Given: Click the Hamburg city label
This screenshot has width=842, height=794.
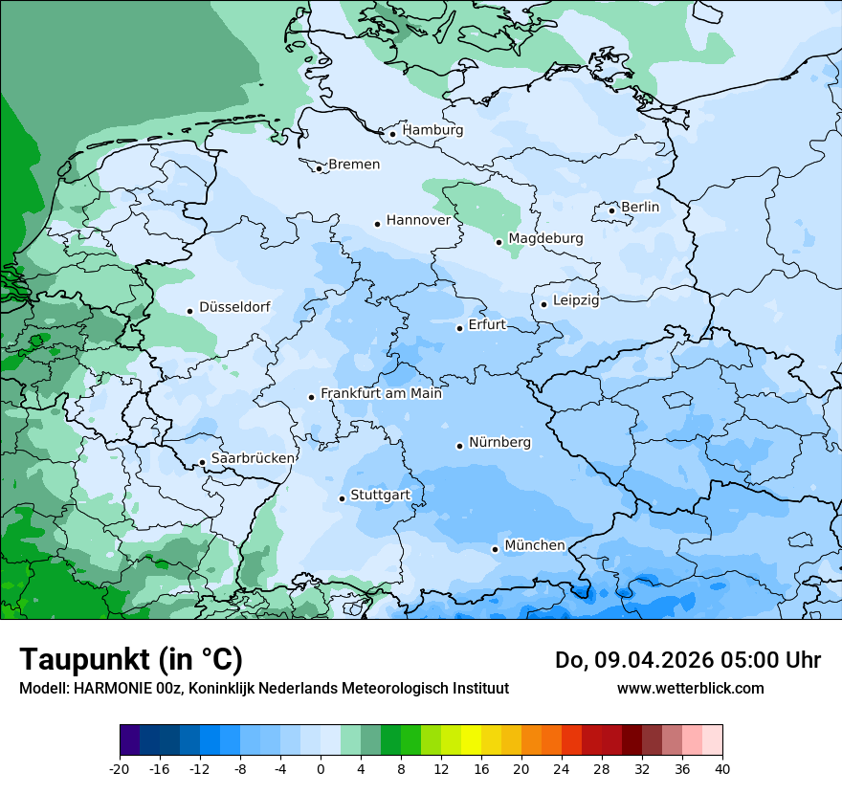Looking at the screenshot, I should pyautogui.click(x=432, y=130).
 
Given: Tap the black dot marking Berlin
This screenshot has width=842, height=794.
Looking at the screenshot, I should pyautogui.click(x=612, y=210).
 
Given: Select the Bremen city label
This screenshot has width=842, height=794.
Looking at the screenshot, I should pyautogui.click(x=354, y=165).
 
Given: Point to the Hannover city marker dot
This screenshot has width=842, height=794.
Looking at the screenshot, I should pyautogui.click(x=377, y=224).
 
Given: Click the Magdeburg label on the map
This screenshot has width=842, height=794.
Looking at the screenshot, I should pyautogui.click(x=545, y=238).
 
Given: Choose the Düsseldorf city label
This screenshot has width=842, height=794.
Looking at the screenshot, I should pyautogui.click(x=234, y=308).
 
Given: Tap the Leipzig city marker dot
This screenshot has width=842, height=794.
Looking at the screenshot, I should pyautogui.click(x=543, y=304).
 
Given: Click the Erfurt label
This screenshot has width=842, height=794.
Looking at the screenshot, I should pyautogui.click(x=486, y=325).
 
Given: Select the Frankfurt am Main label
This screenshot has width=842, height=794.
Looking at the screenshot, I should pyautogui.click(x=381, y=393).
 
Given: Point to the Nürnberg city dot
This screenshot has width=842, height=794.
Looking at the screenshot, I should pyautogui.click(x=459, y=446).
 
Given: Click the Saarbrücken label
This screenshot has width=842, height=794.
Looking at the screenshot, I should pyautogui.click(x=253, y=458).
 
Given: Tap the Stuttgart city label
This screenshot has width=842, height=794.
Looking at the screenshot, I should pyautogui.click(x=380, y=496).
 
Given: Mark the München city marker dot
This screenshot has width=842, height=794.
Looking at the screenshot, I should pyautogui.click(x=495, y=549).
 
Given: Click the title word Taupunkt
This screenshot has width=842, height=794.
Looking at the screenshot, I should pyautogui.click(x=84, y=659).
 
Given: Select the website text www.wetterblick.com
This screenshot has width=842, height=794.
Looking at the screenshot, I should pyautogui.click(x=690, y=688).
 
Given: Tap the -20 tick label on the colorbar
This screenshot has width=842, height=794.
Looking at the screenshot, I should pyautogui.click(x=120, y=768).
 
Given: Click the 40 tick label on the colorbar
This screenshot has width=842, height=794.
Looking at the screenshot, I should pyautogui.click(x=721, y=768).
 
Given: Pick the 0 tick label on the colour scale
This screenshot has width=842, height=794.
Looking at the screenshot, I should pyautogui.click(x=321, y=768).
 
